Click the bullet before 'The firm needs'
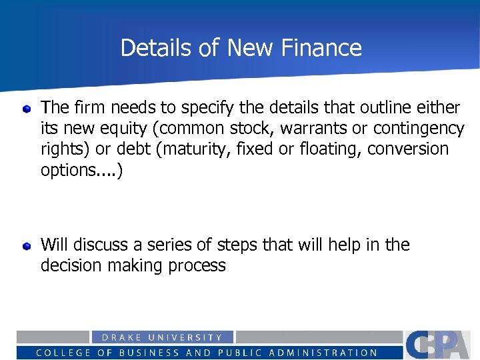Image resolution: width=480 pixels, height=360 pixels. click(27, 107)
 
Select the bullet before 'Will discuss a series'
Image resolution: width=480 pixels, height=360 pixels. click(27, 246)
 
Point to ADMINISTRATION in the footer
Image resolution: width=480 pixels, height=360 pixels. click(329, 353)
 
